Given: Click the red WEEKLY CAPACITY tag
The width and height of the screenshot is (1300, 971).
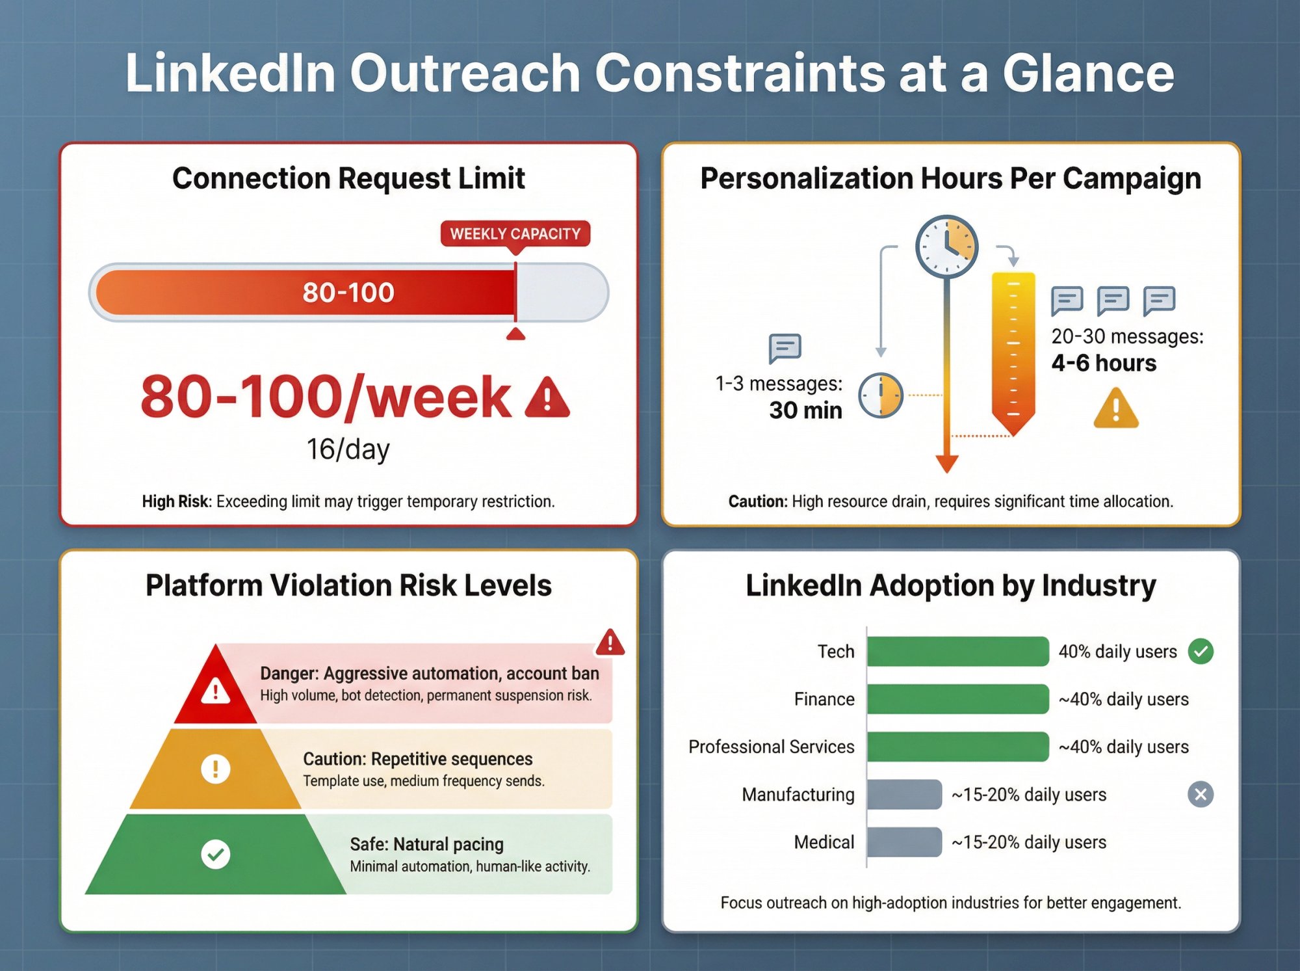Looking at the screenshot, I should pyautogui.click(x=515, y=233).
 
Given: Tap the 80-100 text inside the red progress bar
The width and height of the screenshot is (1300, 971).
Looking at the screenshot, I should pyautogui.click(x=348, y=293).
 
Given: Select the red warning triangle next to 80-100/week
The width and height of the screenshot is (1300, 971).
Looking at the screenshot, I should pyautogui.click(x=547, y=397).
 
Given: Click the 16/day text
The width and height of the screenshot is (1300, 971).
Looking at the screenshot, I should pyautogui.click(x=348, y=449).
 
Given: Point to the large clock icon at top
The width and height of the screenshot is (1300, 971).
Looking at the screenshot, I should pyautogui.click(x=946, y=246).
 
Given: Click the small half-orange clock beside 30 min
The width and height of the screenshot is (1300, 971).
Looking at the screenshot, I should pyautogui.click(x=881, y=395).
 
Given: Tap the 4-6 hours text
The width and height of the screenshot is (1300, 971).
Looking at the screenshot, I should pyautogui.click(x=1104, y=363).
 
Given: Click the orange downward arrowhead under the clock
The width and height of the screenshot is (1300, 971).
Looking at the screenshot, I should pyautogui.click(x=946, y=463).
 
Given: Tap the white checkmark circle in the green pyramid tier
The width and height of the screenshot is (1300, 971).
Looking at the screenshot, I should pyautogui.click(x=216, y=854).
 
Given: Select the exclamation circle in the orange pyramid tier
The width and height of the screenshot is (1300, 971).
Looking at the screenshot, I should pyautogui.click(x=216, y=769).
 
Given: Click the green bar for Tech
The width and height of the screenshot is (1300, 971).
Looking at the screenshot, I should pyautogui.click(x=957, y=651).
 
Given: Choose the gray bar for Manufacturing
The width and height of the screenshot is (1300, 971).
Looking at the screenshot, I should pyautogui.click(x=904, y=794).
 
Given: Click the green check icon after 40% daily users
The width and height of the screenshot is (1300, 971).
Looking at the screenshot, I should pyautogui.click(x=1201, y=651).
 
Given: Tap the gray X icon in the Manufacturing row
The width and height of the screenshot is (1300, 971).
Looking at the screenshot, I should pyautogui.click(x=1201, y=794).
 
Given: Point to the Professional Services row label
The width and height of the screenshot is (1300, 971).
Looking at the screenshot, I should pyautogui.click(x=771, y=747).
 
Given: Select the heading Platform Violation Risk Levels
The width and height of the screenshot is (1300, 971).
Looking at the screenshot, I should pyautogui.click(x=348, y=585).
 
